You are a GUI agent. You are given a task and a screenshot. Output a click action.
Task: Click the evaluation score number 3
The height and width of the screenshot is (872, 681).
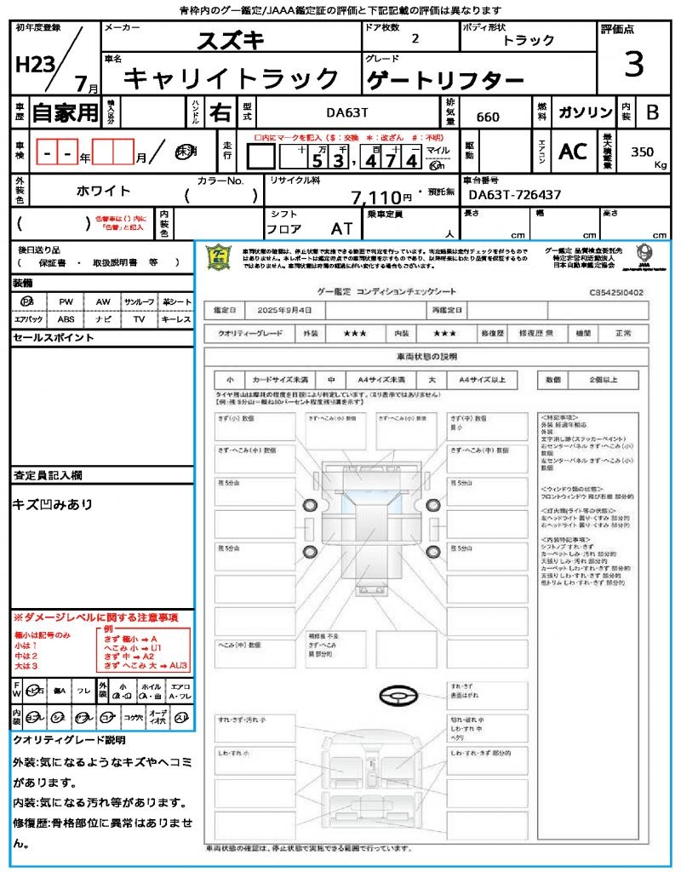pyautogui.click(x=634, y=65)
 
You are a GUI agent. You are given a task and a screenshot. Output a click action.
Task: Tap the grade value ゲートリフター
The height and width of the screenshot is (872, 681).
pyautogui.click(x=445, y=81)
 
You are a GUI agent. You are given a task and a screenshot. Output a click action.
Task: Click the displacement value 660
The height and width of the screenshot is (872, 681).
pyautogui.click(x=488, y=117)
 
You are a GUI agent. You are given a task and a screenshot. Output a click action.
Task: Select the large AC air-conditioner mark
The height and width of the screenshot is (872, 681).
pyautogui.click(x=573, y=152)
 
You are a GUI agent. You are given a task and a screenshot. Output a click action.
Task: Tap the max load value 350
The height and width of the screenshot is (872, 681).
pyautogui.click(x=643, y=152)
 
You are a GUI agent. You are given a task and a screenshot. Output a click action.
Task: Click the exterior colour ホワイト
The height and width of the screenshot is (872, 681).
pyautogui.click(x=104, y=190)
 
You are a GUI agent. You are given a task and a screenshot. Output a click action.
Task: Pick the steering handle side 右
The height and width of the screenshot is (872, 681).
pyautogui.click(x=220, y=112)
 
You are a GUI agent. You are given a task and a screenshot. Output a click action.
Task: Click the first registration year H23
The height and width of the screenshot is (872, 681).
pyautogui.click(x=33, y=65)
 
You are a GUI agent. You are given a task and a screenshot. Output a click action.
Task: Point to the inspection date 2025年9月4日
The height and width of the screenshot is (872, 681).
pyautogui.click(x=286, y=310)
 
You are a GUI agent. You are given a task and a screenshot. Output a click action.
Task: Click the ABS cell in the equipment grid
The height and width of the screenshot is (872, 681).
pyautogui.click(x=66, y=320)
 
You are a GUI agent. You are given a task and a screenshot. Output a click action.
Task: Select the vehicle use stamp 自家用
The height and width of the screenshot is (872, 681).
pyautogui.click(x=65, y=112)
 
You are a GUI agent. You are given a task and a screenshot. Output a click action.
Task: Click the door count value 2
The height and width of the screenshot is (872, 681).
pyautogui.click(x=415, y=39)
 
